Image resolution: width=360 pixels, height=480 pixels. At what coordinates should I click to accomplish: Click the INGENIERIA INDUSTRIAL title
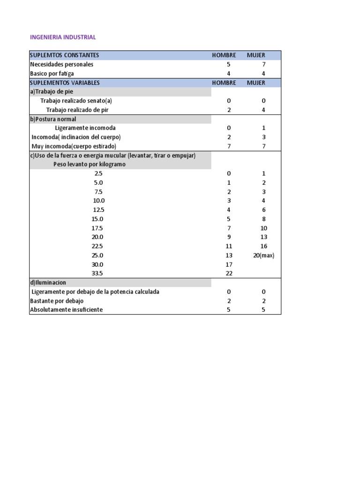pos(63,37)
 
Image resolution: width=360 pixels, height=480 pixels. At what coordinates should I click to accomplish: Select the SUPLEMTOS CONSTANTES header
pos(64,55)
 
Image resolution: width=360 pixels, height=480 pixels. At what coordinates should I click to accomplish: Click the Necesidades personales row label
pos(61,64)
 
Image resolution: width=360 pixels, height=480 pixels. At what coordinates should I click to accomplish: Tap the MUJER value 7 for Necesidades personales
pos(263,64)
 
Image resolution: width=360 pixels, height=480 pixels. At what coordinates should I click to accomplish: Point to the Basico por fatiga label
pos(52,74)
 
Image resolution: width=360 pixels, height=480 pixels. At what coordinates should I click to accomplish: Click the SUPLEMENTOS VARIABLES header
pos(65,82)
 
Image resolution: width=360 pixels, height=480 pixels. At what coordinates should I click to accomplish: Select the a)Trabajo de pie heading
pos(52,92)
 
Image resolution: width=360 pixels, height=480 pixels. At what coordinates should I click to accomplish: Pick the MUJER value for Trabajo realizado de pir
pos(263,110)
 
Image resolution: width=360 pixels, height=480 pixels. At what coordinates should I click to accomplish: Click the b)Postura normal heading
pos(53,119)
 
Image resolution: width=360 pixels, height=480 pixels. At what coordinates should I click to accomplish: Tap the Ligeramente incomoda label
pos(85,128)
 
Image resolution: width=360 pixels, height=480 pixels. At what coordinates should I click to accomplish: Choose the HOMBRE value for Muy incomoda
pos(229,146)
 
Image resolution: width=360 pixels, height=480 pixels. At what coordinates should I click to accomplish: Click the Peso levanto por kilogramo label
pos(89,165)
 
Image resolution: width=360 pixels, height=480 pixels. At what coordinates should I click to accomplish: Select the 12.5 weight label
pos(98,210)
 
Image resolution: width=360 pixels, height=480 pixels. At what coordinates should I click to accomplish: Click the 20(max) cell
pos(263,255)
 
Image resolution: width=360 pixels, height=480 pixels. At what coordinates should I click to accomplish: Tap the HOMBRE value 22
pos(229,273)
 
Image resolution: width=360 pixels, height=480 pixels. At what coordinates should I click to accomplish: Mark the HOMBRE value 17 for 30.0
pos(229,264)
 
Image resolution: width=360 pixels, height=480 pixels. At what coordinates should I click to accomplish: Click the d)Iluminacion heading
pos(48,283)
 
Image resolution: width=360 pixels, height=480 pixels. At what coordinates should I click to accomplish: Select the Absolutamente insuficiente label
pos(66,310)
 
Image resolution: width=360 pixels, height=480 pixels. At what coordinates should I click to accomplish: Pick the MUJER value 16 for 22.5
pos(263,246)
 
